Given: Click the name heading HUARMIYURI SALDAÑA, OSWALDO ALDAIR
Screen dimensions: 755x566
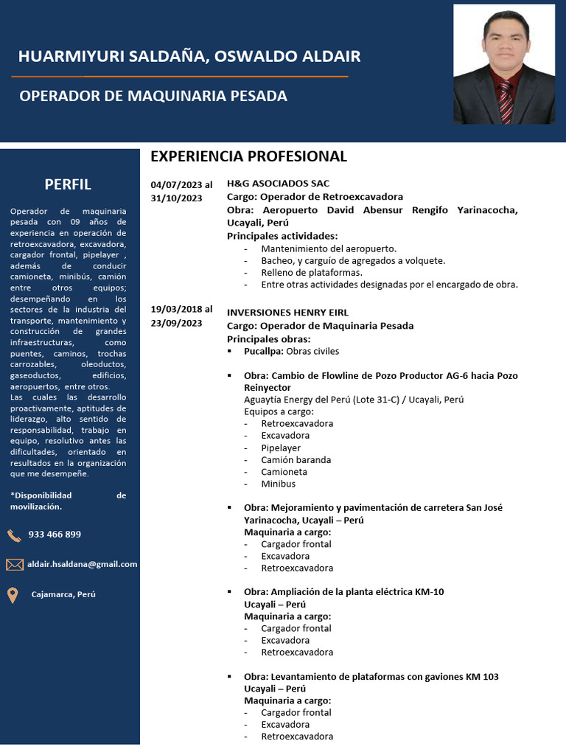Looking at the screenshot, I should tap(189, 57).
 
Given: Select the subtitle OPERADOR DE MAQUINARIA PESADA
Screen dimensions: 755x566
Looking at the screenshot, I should tap(153, 96).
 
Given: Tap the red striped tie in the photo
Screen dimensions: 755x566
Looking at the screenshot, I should tap(506, 101).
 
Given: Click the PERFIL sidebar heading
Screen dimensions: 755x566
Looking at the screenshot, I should tap(68, 184).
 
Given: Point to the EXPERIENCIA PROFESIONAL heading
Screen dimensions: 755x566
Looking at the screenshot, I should tap(248, 156).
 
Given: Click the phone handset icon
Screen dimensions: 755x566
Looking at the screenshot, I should tap(14, 535).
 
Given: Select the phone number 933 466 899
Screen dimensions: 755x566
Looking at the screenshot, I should tap(55, 535).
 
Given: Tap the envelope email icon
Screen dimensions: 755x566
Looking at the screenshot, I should tap(14, 565).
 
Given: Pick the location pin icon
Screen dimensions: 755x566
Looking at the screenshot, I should tap(13, 595).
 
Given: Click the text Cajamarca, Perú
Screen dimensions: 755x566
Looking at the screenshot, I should tap(63, 594).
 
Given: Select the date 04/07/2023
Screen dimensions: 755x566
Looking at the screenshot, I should tap(175, 184).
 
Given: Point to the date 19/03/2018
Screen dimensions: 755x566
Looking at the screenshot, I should tap(175, 310).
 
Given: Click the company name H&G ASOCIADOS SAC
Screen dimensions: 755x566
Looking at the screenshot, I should tap(278, 184).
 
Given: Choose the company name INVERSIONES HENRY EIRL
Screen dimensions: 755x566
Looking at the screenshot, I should tap(287, 313).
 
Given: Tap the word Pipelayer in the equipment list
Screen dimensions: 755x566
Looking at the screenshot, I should tap(281, 448).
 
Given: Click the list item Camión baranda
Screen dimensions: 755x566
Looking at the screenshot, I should tap(296, 459).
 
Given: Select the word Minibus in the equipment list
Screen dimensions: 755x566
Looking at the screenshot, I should tap(278, 484).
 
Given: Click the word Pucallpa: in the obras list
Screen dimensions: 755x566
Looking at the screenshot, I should tap(264, 351).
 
